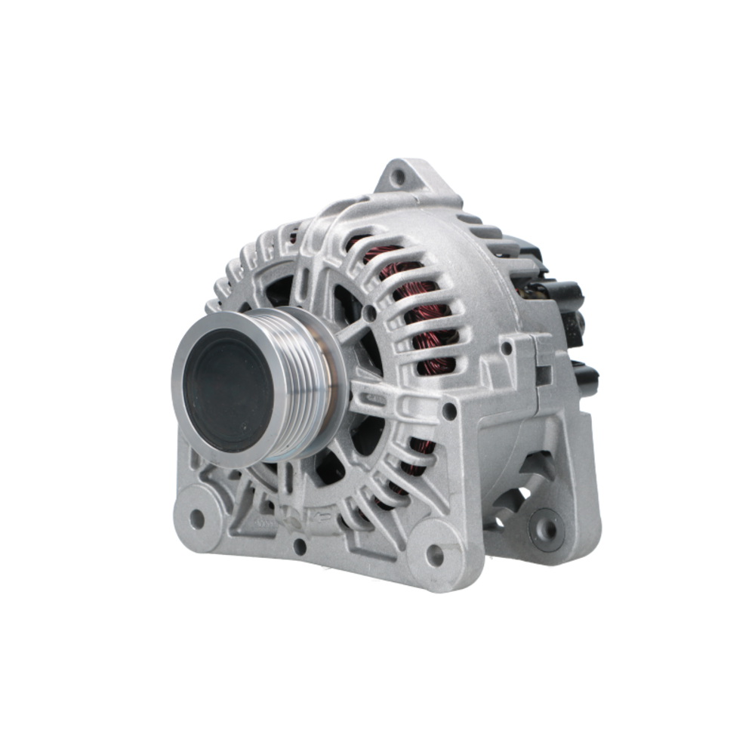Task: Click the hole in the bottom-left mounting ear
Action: [x=197, y=519]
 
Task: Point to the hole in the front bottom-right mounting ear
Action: [x=435, y=556]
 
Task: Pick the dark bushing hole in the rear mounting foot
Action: [x=546, y=528]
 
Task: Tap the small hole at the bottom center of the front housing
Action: [x=300, y=547]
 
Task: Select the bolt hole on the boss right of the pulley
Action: [x=448, y=412]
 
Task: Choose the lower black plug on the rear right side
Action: [x=585, y=377]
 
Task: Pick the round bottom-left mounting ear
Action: [x=198, y=518]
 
